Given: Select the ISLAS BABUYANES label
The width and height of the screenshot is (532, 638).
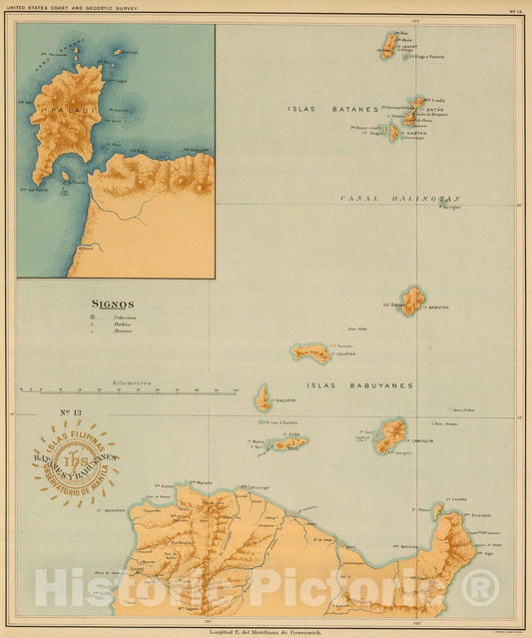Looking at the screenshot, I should pyautogui.click(x=361, y=384).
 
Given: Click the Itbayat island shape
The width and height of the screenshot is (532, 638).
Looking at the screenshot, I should pyautogui.click(x=389, y=46).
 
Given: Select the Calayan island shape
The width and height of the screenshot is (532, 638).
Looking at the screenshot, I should pyautogui.click(x=310, y=352).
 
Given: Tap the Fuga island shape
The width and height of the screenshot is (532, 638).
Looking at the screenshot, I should pyautogui.click(x=290, y=442).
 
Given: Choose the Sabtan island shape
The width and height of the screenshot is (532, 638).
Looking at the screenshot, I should pyautogui.click(x=394, y=131).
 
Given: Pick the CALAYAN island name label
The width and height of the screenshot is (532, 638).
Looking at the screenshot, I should pyautogui.click(x=341, y=353).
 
